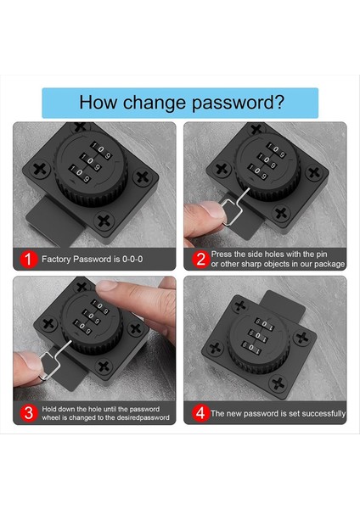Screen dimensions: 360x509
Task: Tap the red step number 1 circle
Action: coord(29,259)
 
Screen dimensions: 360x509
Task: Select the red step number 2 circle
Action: coord(200,259)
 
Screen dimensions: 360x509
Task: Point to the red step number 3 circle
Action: coord(29,413)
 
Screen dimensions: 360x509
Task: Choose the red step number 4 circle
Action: coord(200,413)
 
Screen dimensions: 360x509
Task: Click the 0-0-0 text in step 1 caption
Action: coord(132,259)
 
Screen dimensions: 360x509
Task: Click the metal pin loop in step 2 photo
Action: coord(231,212)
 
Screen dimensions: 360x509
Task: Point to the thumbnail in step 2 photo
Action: coord(213,210)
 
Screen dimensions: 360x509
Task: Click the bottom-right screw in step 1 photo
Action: coord(104,221)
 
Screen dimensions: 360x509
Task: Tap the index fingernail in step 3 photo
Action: coord(107,286)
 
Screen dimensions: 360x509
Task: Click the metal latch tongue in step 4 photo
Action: coord(284,305)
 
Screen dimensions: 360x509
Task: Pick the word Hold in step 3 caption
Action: coord(48,409)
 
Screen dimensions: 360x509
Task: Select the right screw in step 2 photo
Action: coord(314,172)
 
